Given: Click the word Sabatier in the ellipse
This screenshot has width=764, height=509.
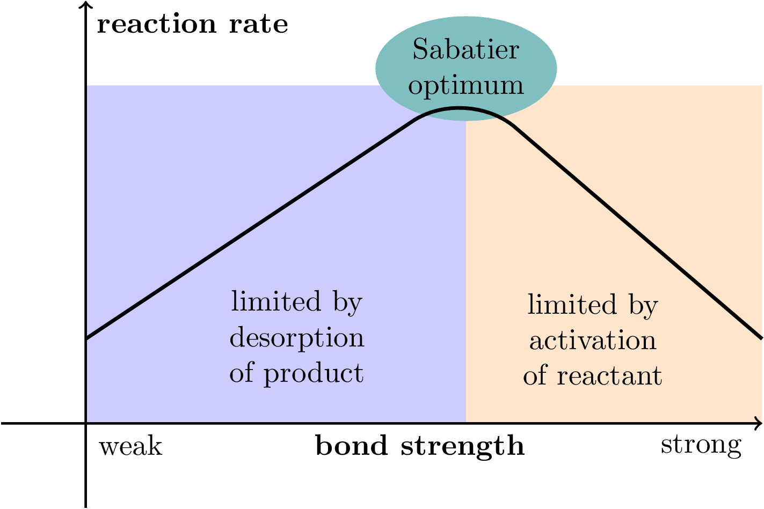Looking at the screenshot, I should point(465,50).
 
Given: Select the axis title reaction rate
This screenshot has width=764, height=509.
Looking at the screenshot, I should point(192,25).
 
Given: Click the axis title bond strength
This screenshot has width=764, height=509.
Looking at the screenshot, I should point(419,446).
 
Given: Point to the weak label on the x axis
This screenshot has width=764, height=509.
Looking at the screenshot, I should point(130,446).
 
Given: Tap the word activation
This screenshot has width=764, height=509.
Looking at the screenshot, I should point(593,341).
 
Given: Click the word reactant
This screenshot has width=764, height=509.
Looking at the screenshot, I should point(609,376).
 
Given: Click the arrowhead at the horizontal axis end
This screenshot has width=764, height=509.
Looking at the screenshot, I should point(759,424).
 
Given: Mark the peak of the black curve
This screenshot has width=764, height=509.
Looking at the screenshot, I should point(459,108).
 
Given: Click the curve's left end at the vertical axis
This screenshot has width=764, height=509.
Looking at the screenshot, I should point(87,338).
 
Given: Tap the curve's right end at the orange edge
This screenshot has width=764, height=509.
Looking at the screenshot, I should point(761,338).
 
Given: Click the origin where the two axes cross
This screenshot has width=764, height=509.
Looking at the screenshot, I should point(85,424).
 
